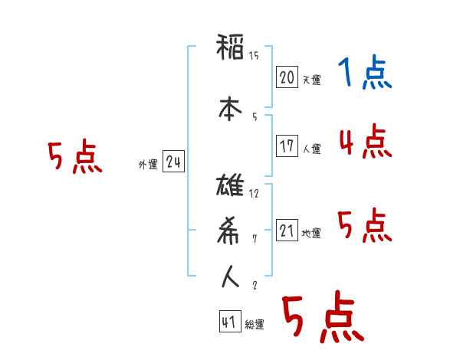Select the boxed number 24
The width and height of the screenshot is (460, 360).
[173, 162]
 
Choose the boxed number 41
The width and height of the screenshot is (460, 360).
[228, 322]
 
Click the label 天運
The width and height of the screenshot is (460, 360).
[311, 80]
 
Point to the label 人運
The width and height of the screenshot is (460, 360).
[311, 149]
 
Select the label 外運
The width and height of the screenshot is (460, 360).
[148, 164]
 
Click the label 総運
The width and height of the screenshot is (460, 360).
[254, 325]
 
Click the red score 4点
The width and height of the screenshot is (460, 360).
[365, 142]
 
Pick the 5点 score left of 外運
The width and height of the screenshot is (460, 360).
[74, 159]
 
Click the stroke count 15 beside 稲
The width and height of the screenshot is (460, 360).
[255, 55]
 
